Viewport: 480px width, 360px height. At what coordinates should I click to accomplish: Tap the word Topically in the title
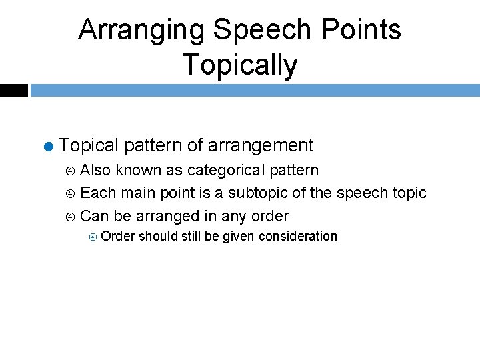pos(239,65)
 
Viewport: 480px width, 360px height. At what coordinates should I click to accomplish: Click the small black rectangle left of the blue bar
pos(13,90)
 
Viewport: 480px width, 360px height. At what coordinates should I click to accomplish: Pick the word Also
pos(95,170)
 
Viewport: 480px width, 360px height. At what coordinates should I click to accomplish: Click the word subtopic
pos(258,193)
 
